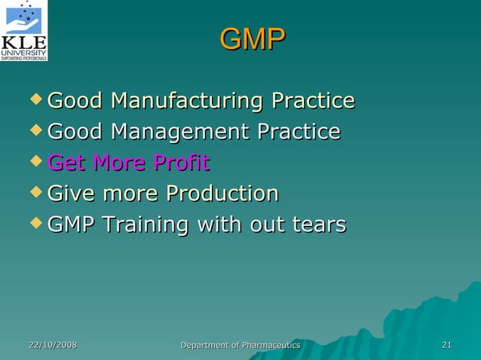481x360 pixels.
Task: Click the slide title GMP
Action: (253, 40)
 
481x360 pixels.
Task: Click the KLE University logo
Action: (24, 30)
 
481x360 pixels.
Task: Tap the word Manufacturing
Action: (188, 100)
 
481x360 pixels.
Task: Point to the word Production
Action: (222, 194)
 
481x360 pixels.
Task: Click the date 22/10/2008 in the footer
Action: (53, 345)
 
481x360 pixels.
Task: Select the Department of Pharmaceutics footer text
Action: (240, 345)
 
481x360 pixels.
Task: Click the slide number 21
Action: (446, 345)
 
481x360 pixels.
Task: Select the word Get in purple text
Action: (66, 163)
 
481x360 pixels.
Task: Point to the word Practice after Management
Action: (299, 132)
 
